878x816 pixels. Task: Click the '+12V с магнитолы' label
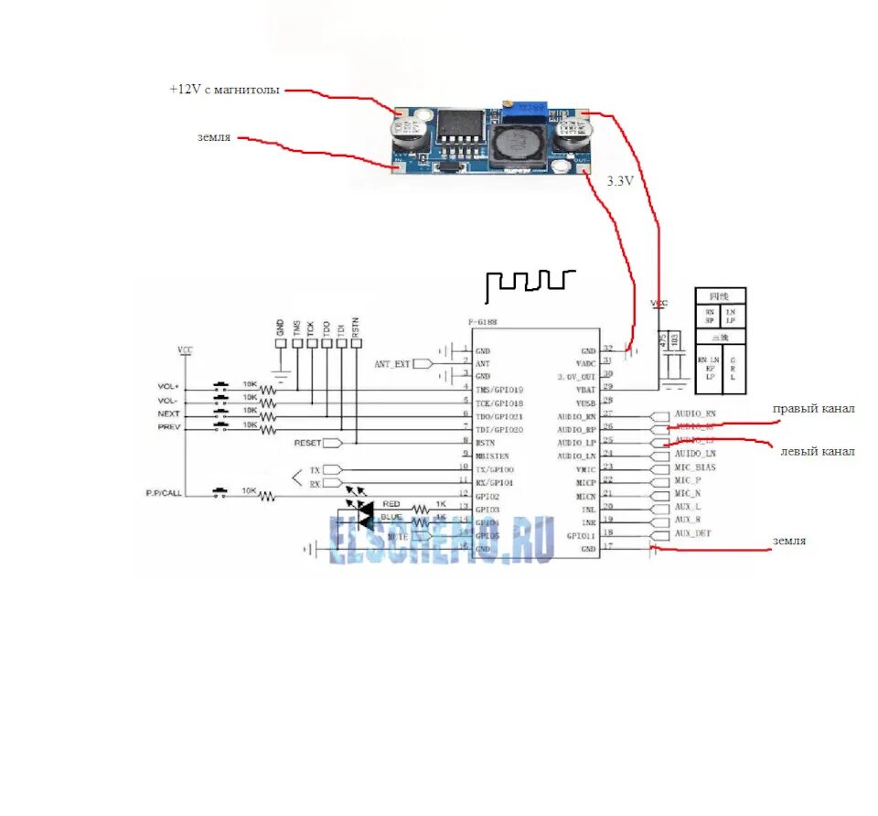click(224, 90)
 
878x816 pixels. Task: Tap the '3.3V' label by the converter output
click(620, 182)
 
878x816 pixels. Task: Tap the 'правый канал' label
click(813, 409)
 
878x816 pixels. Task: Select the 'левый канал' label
click(817, 451)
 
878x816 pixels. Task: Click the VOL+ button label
click(169, 387)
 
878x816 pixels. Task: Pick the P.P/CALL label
click(165, 494)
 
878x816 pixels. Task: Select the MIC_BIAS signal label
click(695, 467)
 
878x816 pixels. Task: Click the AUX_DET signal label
click(693, 533)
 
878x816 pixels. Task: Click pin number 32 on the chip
click(607, 348)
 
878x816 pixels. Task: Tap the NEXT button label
click(168, 413)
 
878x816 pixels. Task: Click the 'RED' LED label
click(391, 504)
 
